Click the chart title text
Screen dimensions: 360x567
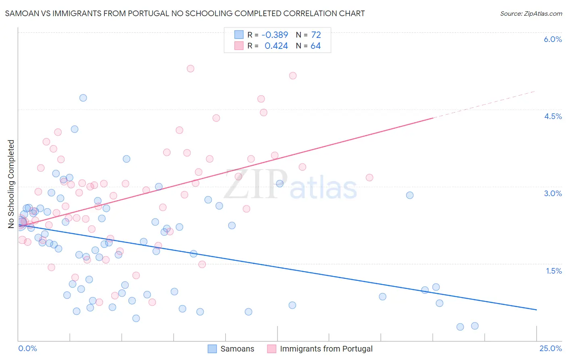185,13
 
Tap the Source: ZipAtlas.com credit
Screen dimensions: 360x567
531,13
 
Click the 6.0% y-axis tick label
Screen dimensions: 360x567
552,39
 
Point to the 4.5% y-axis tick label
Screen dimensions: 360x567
552,116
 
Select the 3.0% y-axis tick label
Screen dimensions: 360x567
552,193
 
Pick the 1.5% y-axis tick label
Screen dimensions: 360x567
554,271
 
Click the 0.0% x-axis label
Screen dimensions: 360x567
27,348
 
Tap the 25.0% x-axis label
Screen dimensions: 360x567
550,348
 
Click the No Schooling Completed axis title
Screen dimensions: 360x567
11,184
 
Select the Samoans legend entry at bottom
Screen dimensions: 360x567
231,349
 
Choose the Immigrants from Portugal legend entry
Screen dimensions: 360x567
320,349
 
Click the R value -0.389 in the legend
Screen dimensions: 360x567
275,35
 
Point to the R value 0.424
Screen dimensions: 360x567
276,46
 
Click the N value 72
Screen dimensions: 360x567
316,35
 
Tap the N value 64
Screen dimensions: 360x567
315,46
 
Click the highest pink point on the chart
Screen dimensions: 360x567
190,69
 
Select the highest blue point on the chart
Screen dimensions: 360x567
83,98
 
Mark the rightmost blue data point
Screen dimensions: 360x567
475,326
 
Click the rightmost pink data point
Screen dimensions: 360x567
369,178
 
